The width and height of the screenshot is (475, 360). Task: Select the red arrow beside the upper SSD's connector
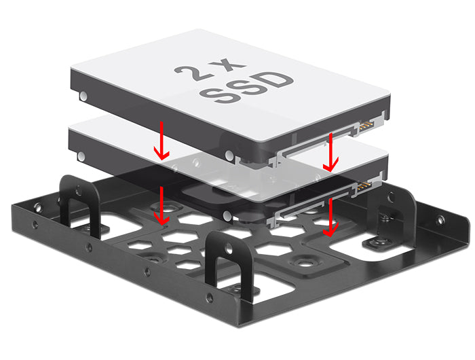330,153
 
